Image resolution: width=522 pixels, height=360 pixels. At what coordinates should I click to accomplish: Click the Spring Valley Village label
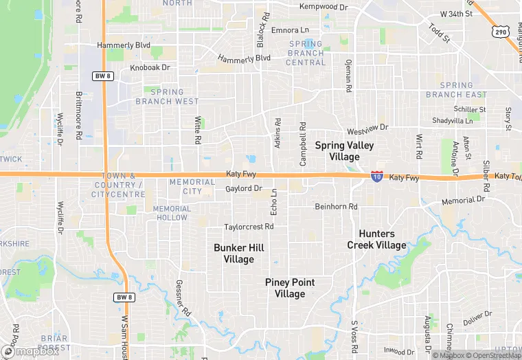click(344, 150)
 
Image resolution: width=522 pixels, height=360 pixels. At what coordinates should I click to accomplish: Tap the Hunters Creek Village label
click(376, 239)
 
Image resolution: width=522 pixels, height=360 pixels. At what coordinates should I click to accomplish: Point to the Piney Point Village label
click(290, 288)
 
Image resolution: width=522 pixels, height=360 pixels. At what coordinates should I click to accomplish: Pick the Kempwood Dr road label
click(324, 7)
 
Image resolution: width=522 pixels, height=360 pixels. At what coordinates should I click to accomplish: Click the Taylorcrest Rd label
click(249, 227)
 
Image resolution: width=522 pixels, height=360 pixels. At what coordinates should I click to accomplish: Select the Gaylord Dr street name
click(244, 188)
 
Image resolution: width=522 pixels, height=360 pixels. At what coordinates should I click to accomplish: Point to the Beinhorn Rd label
click(336, 206)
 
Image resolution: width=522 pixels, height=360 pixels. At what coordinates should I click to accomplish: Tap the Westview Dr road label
click(367, 128)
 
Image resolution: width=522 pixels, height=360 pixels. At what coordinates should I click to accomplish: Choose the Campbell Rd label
click(302, 144)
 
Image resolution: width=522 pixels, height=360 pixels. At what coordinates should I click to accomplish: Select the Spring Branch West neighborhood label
click(167, 96)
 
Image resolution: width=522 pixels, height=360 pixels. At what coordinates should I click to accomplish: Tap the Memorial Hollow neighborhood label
click(170, 213)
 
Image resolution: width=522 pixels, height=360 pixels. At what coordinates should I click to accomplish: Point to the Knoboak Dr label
click(150, 68)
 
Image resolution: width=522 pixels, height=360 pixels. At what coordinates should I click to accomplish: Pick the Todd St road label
click(438, 33)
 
